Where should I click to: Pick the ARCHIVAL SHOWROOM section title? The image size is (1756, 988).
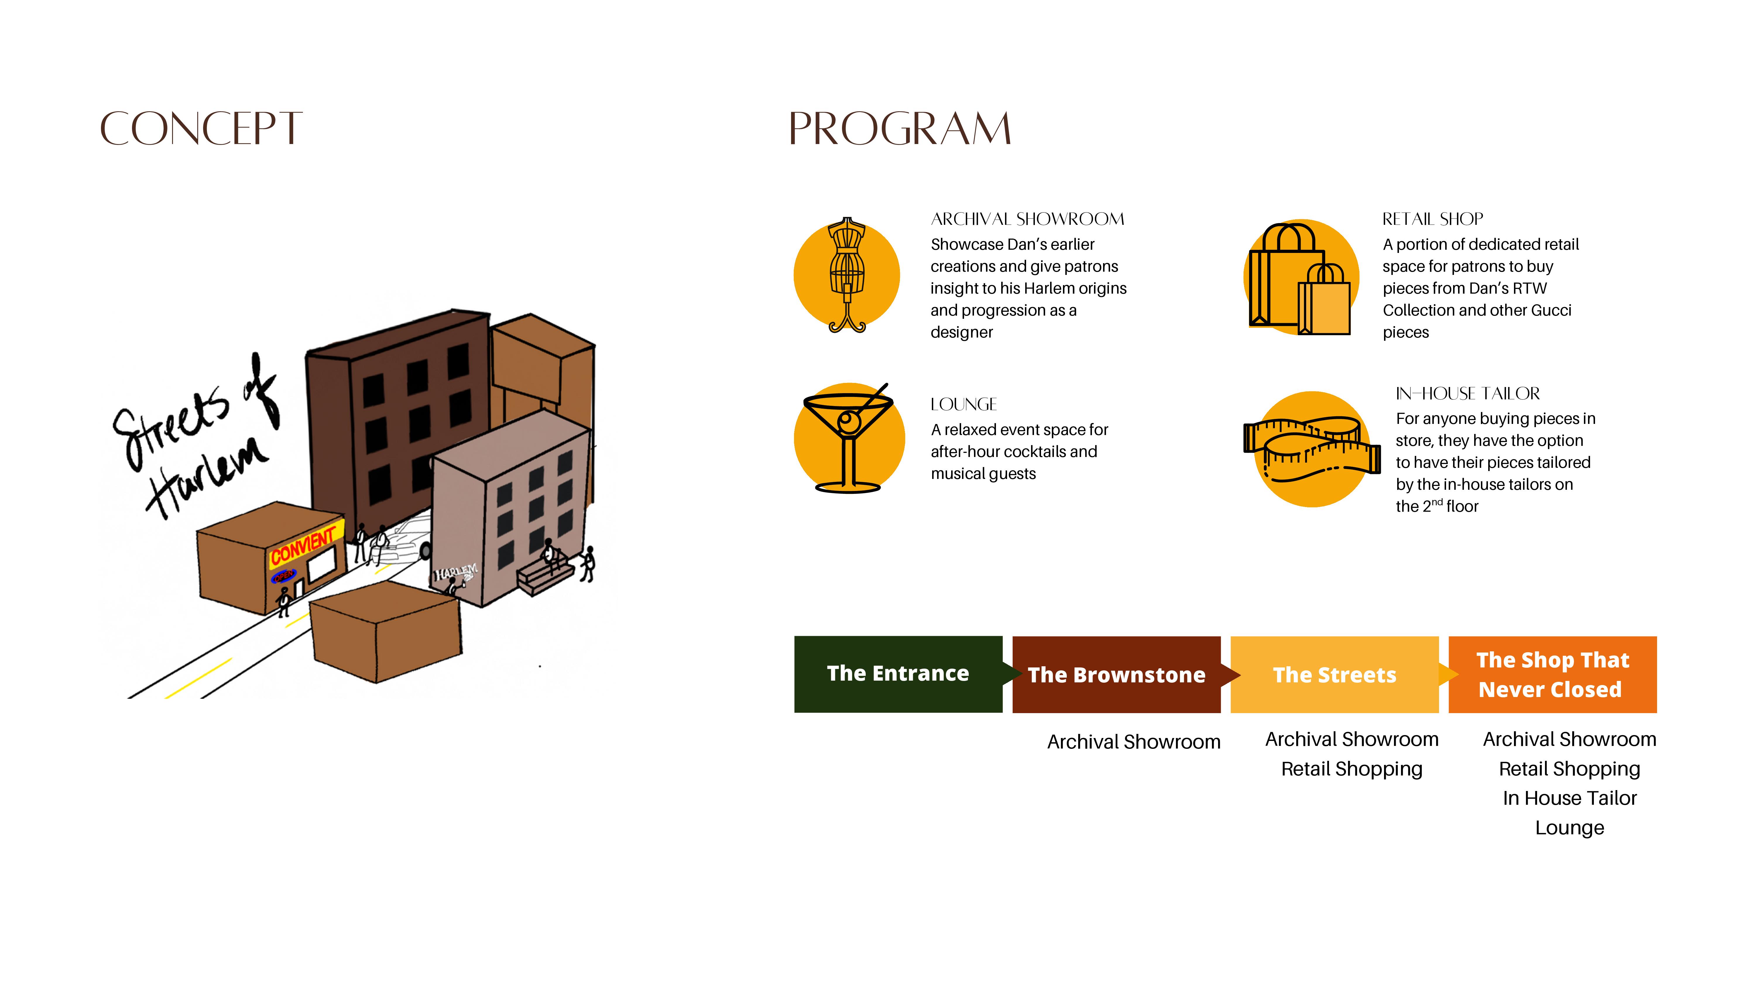1027,219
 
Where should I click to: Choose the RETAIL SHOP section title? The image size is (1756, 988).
1432,219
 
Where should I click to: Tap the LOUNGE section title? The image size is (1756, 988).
963,404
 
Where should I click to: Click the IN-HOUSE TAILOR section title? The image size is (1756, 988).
1467,393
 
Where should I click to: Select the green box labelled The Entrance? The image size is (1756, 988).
898,674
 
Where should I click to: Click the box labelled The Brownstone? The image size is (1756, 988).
1116,675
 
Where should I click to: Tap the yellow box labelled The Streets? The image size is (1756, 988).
1334,675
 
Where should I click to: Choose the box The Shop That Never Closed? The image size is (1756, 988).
1552,675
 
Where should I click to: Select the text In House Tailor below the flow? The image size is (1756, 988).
1569,798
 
